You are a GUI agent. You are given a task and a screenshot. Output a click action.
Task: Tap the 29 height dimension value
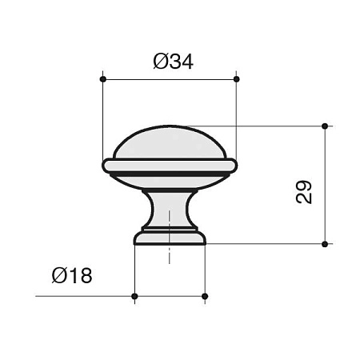pyautogui.click(x=303, y=192)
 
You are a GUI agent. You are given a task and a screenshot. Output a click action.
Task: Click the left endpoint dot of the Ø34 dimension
pyautogui.click(x=102, y=79)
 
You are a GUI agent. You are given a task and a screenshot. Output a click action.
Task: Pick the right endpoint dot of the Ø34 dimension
pyautogui.click(x=237, y=79)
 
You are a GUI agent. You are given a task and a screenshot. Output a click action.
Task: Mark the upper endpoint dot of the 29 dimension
pyautogui.click(x=324, y=126)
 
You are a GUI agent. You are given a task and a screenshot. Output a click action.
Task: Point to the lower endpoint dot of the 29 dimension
pyautogui.click(x=324, y=243)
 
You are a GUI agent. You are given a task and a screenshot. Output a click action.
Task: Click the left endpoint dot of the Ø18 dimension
pyautogui.click(x=134, y=297)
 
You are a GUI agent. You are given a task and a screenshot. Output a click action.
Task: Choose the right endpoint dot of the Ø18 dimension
pyautogui.click(x=205, y=297)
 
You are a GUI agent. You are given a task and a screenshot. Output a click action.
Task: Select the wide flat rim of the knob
pyautogui.click(x=170, y=165)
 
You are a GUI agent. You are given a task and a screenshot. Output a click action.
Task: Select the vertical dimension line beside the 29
pyautogui.click(x=324, y=184)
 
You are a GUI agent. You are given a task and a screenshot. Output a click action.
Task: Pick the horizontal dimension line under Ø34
pyautogui.click(x=170, y=79)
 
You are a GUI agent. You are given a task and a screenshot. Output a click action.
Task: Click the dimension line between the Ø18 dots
pyautogui.click(x=170, y=297)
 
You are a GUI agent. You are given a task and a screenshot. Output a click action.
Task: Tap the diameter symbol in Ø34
pyautogui.click(x=158, y=62)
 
